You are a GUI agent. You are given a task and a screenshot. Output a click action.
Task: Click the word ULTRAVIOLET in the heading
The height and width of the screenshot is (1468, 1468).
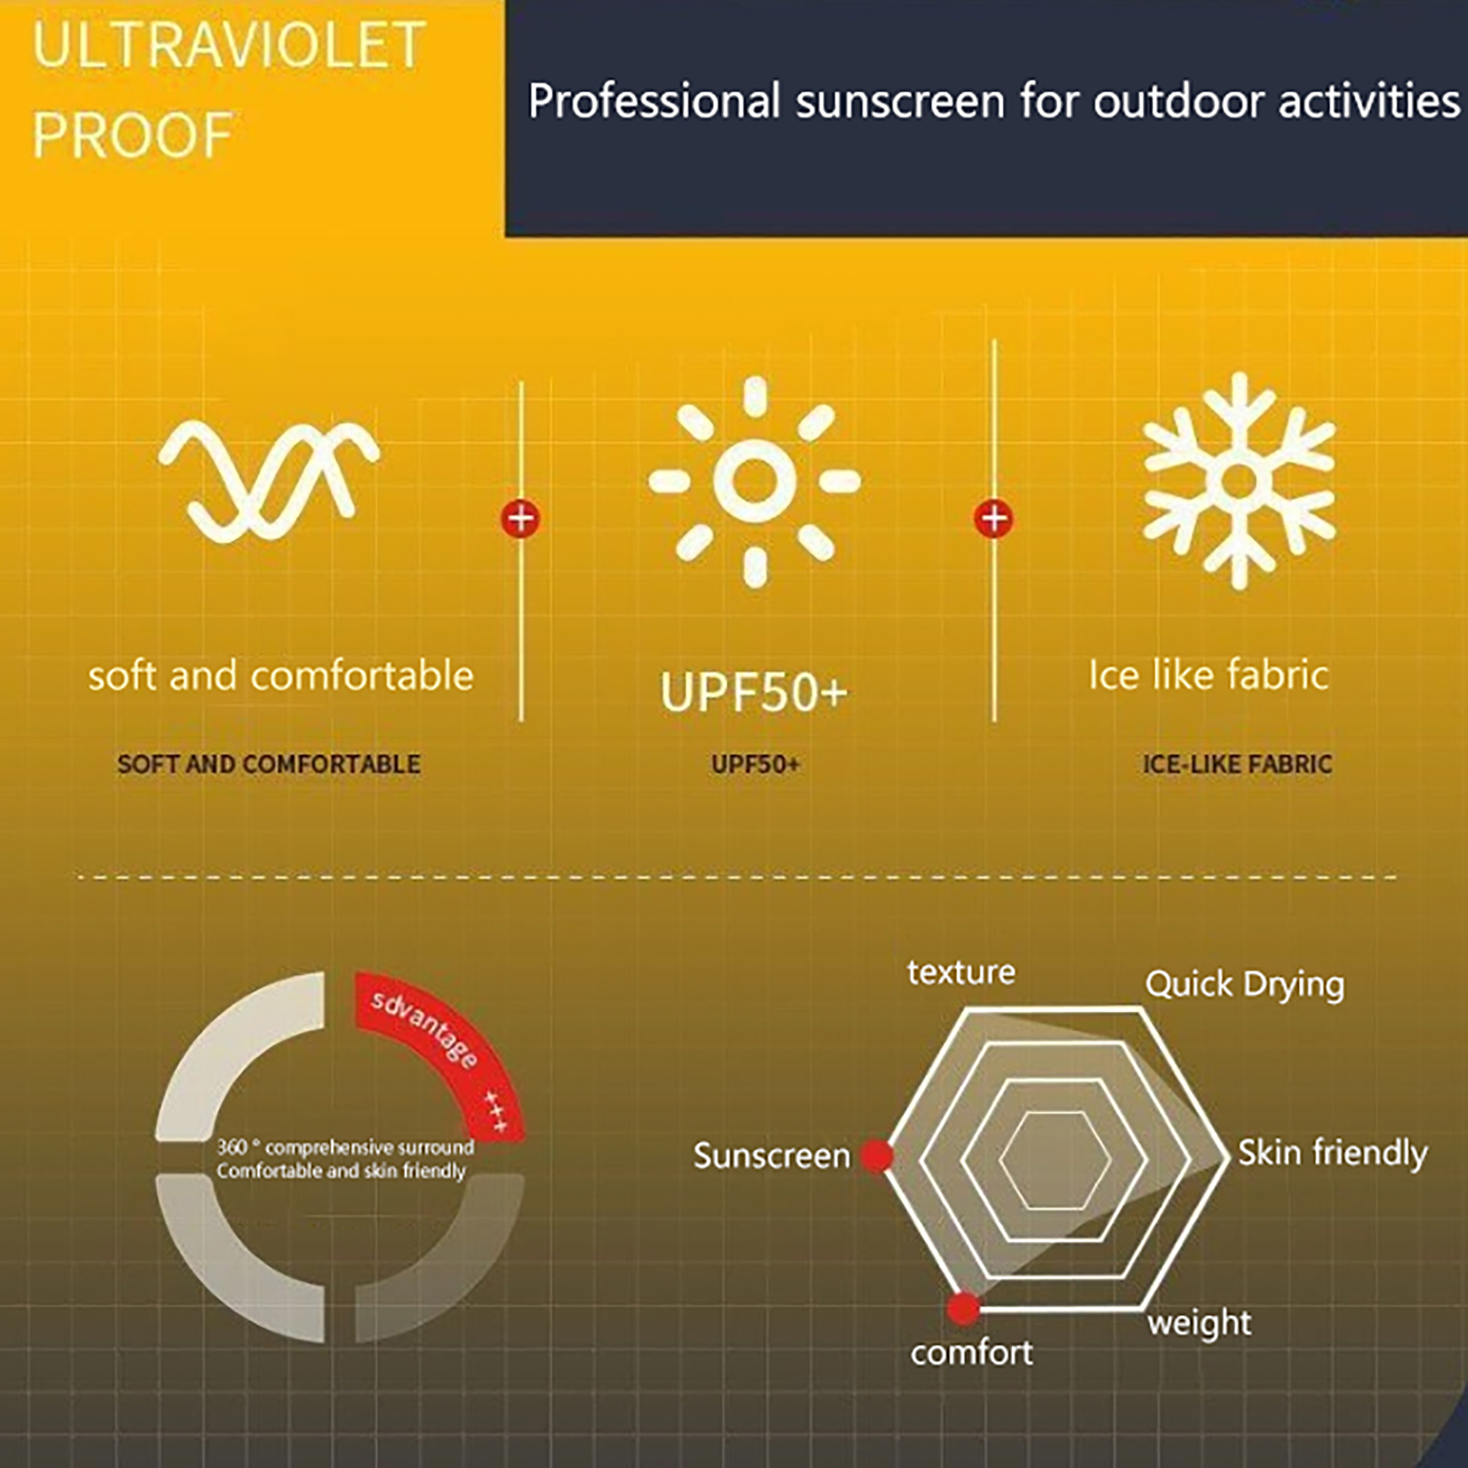click(x=228, y=46)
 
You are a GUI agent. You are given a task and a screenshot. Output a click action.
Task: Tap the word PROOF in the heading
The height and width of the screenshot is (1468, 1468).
click(x=132, y=136)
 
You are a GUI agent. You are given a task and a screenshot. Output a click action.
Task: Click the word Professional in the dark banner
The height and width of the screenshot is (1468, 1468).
click(x=654, y=101)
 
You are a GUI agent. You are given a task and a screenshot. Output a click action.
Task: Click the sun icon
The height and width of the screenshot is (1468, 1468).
click(x=754, y=481)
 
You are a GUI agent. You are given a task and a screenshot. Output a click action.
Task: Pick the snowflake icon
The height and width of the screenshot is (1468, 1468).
click(x=1240, y=480)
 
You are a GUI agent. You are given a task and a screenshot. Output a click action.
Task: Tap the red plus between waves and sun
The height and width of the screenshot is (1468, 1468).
click(x=521, y=518)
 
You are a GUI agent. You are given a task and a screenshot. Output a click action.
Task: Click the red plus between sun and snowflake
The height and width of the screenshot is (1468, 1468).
click(x=994, y=518)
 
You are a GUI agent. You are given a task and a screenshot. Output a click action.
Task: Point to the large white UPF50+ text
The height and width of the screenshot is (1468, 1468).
click(x=754, y=692)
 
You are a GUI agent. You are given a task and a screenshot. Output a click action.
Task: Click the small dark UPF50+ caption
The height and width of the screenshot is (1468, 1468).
click(x=755, y=764)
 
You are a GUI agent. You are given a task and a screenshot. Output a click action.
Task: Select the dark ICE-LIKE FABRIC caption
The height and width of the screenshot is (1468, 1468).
click(x=1237, y=764)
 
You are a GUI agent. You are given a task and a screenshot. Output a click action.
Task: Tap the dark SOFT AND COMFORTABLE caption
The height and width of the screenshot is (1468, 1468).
click(x=269, y=764)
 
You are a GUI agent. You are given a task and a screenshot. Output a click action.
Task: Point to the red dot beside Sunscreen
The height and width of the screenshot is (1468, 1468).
click(x=876, y=1156)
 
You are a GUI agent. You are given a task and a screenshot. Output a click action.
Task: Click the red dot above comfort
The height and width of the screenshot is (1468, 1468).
click(x=963, y=1307)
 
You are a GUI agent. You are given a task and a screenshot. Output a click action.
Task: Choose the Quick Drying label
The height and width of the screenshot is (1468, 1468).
click(x=1245, y=984)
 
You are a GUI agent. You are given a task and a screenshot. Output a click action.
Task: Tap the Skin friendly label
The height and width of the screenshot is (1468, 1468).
click(x=1333, y=1153)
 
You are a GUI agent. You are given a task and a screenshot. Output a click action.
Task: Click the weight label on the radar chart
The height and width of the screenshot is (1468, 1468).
click(x=1199, y=1323)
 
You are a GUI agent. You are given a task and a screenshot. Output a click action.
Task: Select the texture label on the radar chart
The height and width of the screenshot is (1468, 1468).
click(x=962, y=972)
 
